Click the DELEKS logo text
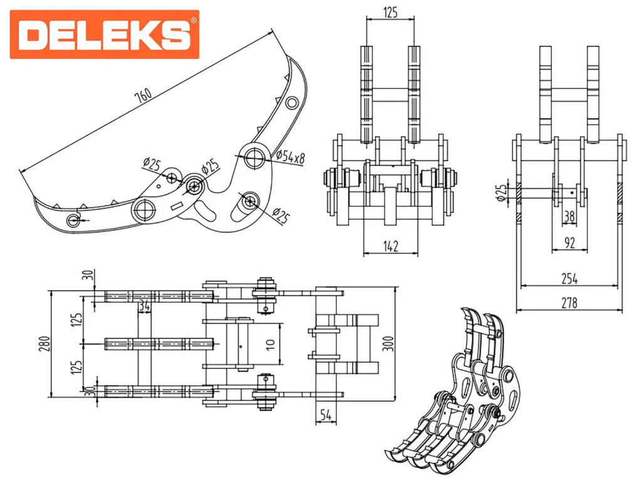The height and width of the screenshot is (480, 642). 104,35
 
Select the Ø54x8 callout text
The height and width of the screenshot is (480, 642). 290,158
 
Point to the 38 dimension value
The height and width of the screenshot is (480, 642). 569,216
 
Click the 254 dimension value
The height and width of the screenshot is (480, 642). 569,277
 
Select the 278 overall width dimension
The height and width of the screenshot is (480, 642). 569,302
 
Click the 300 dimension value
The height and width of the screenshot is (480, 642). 389,343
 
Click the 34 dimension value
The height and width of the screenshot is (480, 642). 144,306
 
